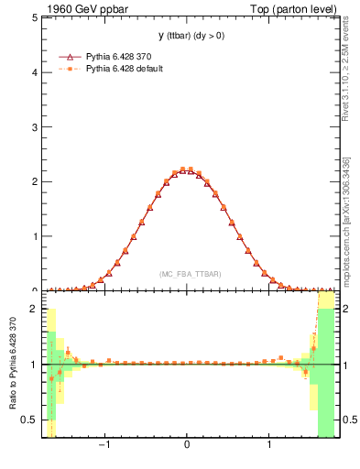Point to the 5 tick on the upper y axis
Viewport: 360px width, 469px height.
[36, 17]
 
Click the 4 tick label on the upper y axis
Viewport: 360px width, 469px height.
[36, 72]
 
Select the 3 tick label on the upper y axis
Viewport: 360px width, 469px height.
[36, 126]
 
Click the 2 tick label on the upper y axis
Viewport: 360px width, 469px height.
[36, 181]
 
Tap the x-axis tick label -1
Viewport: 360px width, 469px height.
[105, 446]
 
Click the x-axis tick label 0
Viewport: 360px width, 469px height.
[187, 446]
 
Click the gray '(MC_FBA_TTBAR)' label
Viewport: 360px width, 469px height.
[190, 274]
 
